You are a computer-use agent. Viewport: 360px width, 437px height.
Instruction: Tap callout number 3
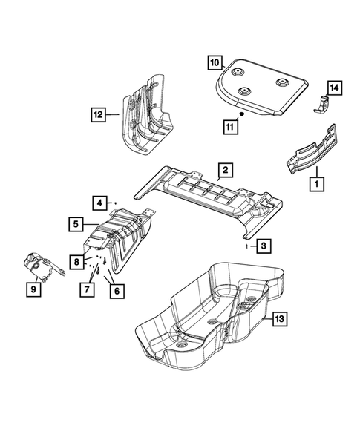coord(264,244)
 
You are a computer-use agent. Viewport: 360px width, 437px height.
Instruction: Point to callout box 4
coord(98,202)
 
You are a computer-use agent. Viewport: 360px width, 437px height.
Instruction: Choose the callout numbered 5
coord(76,222)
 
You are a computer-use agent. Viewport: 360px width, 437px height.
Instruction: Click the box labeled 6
coord(116,292)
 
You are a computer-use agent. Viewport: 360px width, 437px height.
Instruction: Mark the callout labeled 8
coord(76,261)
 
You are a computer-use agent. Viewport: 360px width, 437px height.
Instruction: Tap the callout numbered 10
coord(215,62)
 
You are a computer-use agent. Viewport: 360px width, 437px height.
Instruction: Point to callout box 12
coord(97,114)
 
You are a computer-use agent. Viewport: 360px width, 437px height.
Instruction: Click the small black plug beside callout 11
coord(242,116)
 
